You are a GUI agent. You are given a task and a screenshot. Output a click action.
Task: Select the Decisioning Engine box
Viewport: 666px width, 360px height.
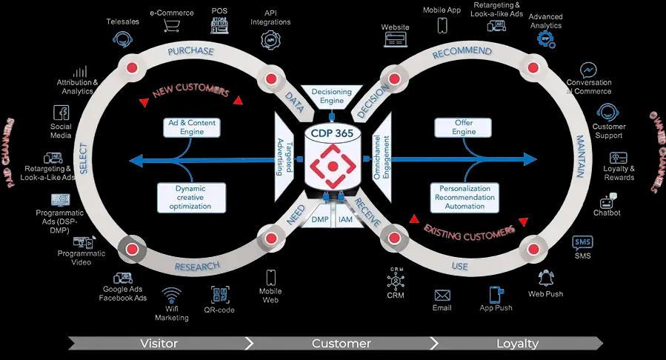[331, 96]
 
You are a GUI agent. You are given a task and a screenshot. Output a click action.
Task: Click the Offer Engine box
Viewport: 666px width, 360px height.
[464, 127]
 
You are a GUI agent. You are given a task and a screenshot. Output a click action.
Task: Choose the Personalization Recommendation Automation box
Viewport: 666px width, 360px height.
[465, 197]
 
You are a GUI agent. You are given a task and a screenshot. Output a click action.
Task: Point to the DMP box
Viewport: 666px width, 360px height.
[320, 219]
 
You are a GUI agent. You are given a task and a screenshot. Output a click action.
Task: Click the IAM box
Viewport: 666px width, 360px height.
[345, 219]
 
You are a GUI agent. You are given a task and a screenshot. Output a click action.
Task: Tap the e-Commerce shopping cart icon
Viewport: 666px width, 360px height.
[172, 28]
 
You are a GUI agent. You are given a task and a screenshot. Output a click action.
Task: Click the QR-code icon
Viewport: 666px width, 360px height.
[219, 294]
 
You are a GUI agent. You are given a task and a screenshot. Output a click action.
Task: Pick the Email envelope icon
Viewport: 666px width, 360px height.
[442, 295]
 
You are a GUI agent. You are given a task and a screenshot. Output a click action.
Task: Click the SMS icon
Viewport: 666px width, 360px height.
[582, 242]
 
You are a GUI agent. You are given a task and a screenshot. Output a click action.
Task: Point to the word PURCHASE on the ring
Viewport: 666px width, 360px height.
[190, 52]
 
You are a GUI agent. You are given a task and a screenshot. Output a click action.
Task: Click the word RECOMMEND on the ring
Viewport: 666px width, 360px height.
[462, 52]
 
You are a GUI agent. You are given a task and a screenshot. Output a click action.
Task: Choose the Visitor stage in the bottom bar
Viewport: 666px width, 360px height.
[159, 344]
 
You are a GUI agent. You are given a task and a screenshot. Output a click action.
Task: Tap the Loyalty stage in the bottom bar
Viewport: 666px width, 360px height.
[517, 344]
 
